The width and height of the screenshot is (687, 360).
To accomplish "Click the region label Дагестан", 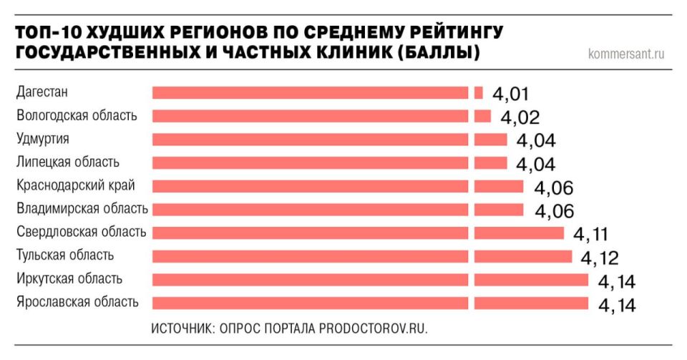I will (x=42, y=92).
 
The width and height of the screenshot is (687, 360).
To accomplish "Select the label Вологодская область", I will (x=77, y=116).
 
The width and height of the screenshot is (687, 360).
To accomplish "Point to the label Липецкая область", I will (x=68, y=162).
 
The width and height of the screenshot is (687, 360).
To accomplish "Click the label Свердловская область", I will (x=81, y=232).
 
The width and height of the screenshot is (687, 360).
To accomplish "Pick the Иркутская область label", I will (x=69, y=278).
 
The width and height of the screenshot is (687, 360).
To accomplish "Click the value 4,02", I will (x=520, y=117).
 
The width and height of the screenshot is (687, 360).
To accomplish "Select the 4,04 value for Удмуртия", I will (x=535, y=141).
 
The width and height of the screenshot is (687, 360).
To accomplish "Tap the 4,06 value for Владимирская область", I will (x=553, y=211).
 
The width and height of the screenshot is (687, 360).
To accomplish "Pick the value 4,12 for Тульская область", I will (x=600, y=258).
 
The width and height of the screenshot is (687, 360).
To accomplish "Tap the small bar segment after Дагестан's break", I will (x=479, y=92).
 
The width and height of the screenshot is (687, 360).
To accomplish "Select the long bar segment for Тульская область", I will (x=310, y=256).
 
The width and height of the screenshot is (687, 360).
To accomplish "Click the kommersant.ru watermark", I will (x=626, y=54).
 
